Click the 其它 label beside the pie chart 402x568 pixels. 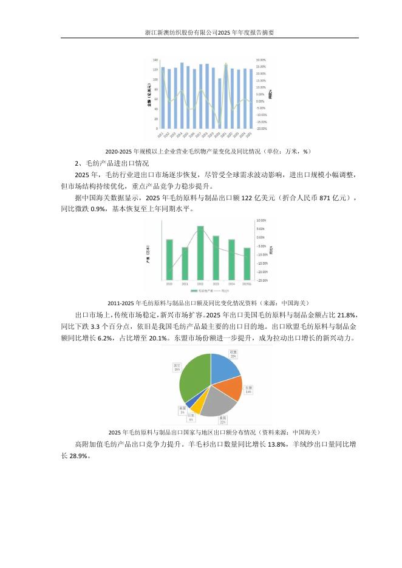click(x=177, y=367)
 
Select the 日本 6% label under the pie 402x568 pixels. click(x=191, y=418)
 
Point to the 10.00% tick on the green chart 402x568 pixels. click(x=261, y=220)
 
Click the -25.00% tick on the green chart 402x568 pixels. click(x=262, y=280)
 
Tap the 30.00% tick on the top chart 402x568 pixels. click(x=261, y=60)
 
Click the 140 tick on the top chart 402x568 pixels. click(x=155, y=60)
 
